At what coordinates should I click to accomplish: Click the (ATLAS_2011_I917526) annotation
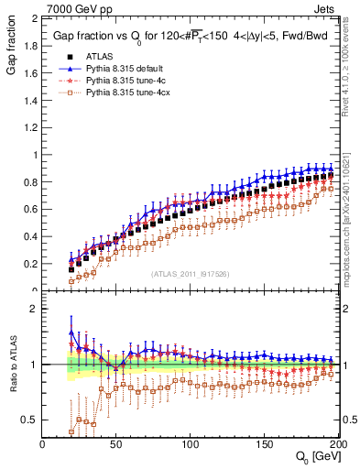point(190,274)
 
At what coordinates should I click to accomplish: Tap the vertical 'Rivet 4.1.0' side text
point(352,64)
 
